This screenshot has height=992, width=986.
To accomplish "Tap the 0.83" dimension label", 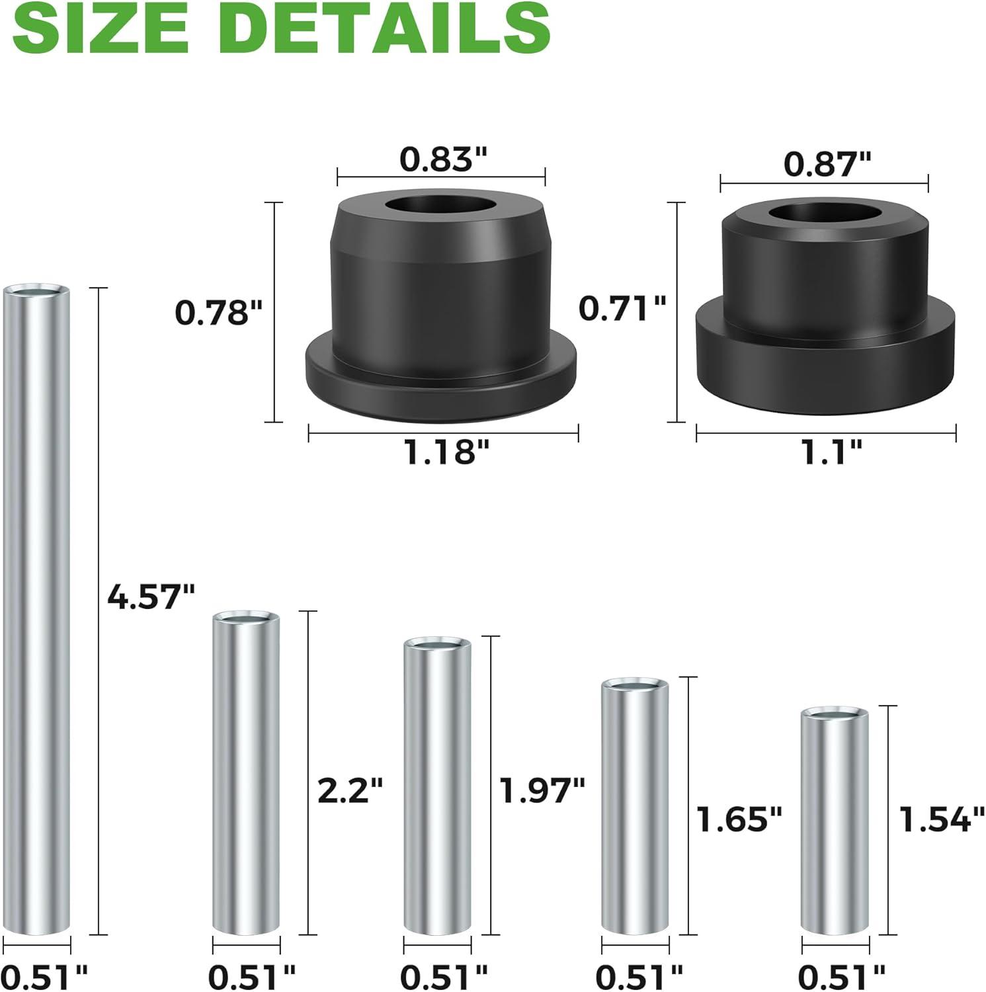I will (x=443, y=159).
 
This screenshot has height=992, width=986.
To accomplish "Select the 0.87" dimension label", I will (x=827, y=164).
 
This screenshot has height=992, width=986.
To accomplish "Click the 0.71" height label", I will (x=622, y=308).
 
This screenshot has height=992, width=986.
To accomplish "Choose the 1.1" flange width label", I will (x=831, y=452).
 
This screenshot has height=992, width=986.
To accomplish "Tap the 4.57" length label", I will (x=151, y=597).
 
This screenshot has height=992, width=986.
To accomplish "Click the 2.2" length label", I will (x=350, y=790).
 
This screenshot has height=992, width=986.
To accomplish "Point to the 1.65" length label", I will (x=739, y=819).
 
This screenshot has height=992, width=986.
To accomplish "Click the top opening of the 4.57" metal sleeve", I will (x=36, y=291).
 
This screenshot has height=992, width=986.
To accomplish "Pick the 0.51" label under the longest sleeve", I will (x=44, y=975).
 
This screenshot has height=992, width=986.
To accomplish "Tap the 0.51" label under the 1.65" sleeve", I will (x=638, y=975).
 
